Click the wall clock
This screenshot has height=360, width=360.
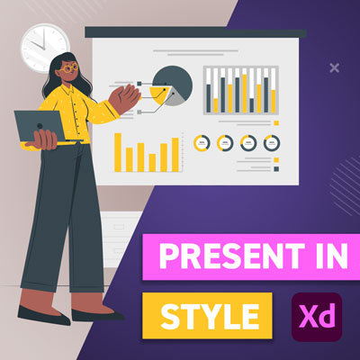coord(45,48)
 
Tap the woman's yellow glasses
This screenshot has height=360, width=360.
coord(69,67)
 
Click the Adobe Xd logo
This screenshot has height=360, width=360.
coord(317,317)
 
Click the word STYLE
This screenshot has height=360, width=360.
coord(210,316)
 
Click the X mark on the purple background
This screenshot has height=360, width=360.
coord(334,67)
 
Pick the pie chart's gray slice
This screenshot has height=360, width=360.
coord(175,98)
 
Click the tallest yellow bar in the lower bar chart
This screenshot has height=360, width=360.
coord(118,152)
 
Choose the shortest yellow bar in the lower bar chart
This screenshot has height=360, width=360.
coord(152,163)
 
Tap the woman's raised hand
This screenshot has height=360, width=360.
coord(125,98)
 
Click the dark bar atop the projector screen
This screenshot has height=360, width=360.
coord(195,32)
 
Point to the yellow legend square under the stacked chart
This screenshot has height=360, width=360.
coord(276,123)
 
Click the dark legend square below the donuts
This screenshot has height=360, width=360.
coord(276,169)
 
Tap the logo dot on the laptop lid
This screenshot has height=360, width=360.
coord(40,126)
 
